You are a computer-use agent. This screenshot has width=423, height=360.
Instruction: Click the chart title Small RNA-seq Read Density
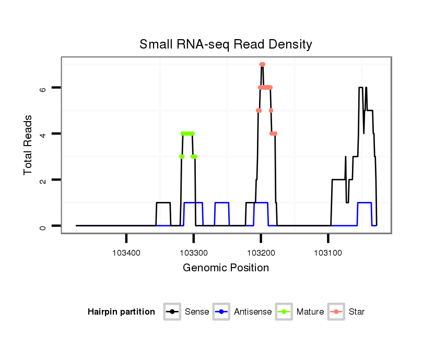[x=226, y=44]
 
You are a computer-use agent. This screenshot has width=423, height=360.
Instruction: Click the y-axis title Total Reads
[x=29, y=145]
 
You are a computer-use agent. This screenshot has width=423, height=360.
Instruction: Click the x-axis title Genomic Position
[x=226, y=268]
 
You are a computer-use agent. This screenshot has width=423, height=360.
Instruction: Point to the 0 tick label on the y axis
[x=44, y=226]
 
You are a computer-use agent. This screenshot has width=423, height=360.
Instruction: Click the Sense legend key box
[x=172, y=312]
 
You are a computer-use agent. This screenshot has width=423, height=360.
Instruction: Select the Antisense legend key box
[x=221, y=312]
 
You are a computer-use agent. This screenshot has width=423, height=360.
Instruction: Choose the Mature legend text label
[x=310, y=312]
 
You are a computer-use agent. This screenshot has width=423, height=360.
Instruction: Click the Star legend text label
[x=357, y=312]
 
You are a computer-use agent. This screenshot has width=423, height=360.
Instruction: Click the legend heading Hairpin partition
[x=121, y=312]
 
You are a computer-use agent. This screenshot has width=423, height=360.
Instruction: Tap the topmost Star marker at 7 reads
[x=262, y=64]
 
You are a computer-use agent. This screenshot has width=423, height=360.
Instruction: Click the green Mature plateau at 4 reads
[x=187, y=134]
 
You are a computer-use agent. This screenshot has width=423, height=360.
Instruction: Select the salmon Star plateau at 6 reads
[x=265, y=88]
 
